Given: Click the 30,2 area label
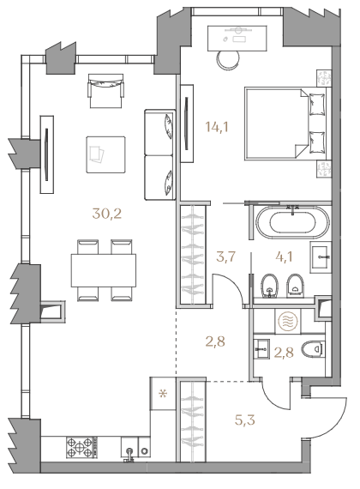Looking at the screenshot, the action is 106,214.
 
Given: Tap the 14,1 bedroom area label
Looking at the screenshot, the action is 217,127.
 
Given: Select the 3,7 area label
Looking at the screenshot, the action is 225,257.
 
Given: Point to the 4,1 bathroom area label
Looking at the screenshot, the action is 284,257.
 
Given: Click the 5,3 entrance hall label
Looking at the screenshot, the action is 245,420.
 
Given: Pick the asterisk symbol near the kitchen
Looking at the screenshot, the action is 163,394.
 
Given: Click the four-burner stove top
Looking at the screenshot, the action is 80,447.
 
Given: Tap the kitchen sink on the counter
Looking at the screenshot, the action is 129,449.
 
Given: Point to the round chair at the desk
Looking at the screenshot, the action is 228,59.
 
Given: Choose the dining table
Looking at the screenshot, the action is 104,270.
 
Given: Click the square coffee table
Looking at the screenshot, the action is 106,154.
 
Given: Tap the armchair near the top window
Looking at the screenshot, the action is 106,91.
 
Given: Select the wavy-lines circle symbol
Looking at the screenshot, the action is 288,321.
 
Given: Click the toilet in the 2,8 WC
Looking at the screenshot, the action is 313,348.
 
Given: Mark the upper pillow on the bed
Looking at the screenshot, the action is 317,104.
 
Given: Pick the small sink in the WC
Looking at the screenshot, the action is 261,348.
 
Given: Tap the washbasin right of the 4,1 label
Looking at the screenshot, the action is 319,257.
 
